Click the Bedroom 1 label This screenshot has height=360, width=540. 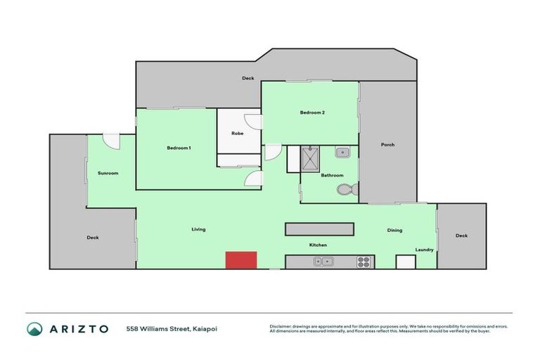(x=179, y=148)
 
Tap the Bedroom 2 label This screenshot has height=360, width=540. (x=311, y=112)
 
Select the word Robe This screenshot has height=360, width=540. (x=238, y=133)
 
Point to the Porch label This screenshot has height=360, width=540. (x=387, y=145)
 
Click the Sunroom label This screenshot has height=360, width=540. (x=108, y=173)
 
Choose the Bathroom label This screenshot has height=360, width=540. (x=333, y=175)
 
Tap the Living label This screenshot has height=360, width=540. (x=198, y=229)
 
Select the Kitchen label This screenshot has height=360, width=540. (x=318, y=245)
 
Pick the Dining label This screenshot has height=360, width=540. (x=394, y=231)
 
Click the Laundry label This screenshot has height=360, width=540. (x=424, y=250)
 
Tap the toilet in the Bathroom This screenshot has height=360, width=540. (x=347, y=189)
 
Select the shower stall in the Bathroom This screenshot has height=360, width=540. (x=310, y=159)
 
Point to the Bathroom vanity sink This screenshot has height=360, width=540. (x=342, y=152)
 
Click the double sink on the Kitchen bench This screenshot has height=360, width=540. (x=323, y=262)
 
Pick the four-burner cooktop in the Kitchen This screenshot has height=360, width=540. (x=364, y=262)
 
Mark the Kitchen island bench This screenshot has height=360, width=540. (x=319, y=229)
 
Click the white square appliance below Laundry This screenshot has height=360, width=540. (x=406, y=262)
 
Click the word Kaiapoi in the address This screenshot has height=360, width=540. (x=203, y=328)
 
